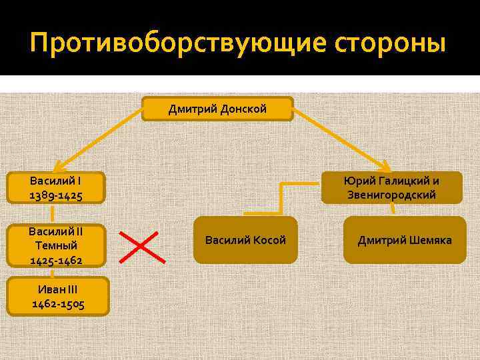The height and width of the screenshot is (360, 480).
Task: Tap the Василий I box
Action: (56, 188)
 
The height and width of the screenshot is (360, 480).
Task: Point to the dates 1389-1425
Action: (56, 195)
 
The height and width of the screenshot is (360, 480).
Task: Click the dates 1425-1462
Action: (56, 260)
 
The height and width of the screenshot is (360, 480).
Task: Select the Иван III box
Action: (56, 297)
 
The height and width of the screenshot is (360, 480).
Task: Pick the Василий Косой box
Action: (245, 240)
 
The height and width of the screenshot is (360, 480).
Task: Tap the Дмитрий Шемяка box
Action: (404, 240)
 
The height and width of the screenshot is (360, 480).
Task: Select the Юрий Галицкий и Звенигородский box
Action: (391, 188)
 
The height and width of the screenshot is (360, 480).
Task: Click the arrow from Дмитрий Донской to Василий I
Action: (100, 141)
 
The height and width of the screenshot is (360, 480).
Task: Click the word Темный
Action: (56, 246)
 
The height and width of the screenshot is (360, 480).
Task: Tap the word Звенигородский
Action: (391, 195)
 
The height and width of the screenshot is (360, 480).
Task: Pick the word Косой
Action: (269, 240)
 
